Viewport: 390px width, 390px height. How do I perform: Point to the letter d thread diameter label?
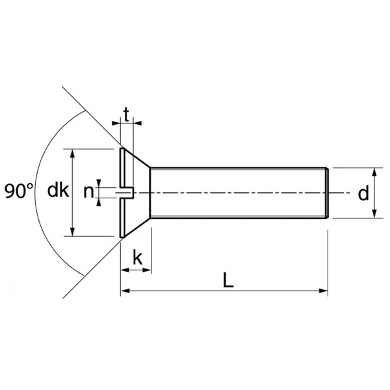(x=363, y=193)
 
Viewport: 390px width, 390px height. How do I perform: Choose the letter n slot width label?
(x=88, y=192)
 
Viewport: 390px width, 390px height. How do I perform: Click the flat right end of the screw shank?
(x=328, y=193)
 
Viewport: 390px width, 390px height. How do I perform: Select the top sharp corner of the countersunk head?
(x=122, y=149)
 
